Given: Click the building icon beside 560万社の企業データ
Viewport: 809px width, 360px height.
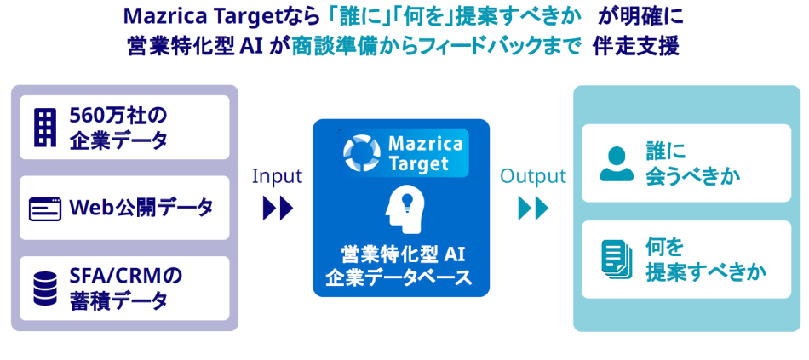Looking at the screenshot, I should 45,127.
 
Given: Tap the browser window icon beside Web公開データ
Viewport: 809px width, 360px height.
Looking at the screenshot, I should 44,209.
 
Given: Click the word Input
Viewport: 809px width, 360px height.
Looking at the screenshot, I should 277,176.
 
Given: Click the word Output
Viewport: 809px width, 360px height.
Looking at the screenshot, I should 532,176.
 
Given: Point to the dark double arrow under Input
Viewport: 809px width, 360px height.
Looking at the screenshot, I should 278,209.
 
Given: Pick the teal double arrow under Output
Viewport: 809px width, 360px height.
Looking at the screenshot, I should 533,209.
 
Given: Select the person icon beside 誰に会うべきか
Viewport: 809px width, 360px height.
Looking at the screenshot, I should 616,163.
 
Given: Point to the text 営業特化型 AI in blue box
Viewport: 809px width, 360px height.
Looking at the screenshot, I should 400,254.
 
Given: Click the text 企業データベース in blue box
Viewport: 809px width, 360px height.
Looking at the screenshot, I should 400,277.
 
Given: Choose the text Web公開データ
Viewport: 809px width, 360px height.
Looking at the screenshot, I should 141,208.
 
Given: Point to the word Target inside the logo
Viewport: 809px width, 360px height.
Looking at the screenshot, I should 419,163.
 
